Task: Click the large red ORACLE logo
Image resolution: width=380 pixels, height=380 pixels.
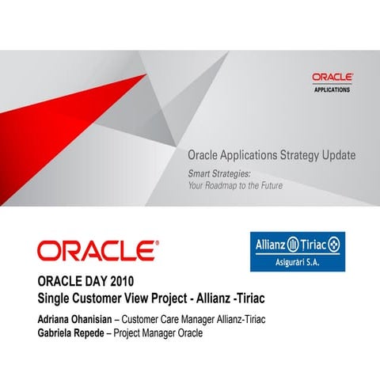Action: coord(97,251)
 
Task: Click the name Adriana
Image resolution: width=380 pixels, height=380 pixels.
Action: coord(55,319)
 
